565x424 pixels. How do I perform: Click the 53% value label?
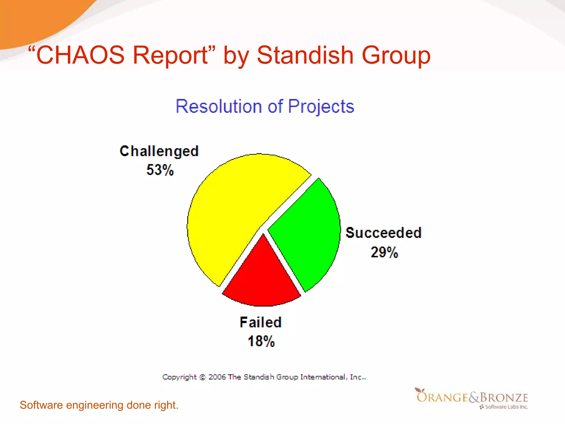[x=160, y=170]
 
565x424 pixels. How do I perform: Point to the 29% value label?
[x=384, y=252]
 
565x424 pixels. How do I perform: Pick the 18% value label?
[x=261, y=341]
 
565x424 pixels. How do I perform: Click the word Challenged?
[x=159, y=151]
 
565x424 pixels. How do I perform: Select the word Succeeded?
[x=383, y=233]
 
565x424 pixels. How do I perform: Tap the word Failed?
[x=260, y=322]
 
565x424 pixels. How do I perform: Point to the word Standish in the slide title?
[x=305, y=55]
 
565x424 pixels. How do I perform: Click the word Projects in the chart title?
[x=321, y=107]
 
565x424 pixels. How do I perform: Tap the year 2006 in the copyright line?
[x=217, y=377]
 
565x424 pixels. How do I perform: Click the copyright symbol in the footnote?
[x=202, y=377]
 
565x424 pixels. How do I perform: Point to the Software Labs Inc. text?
[x=506, y=407]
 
